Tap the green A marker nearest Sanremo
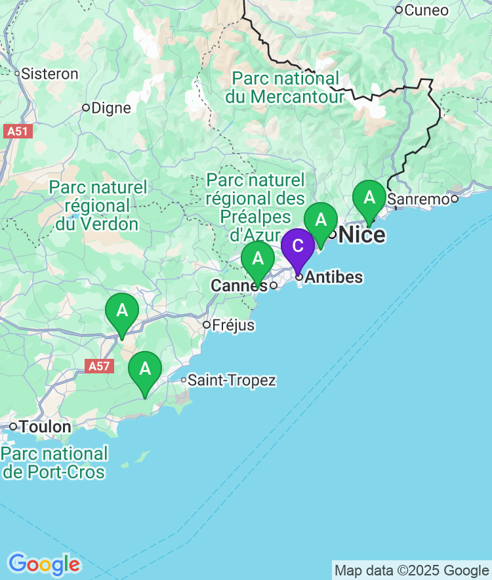pos(369,197)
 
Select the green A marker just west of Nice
pos(320,220)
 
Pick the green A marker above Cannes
pos(258,259)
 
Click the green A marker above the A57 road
pos(122,311)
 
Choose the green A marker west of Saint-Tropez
pos(145,369)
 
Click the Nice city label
pos(361,234)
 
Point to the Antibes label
pos(333,278)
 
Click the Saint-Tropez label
pos(232,381)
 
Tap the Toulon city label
pos(45,426)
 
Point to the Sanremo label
pos(419,198)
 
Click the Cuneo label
pos(426,10)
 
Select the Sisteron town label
pos(50,73)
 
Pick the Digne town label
pos(111,108)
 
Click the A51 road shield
pos(17,131)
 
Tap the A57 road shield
pos(98,366)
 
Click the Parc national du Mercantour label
pos(285,88)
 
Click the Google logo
pos(43,564)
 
